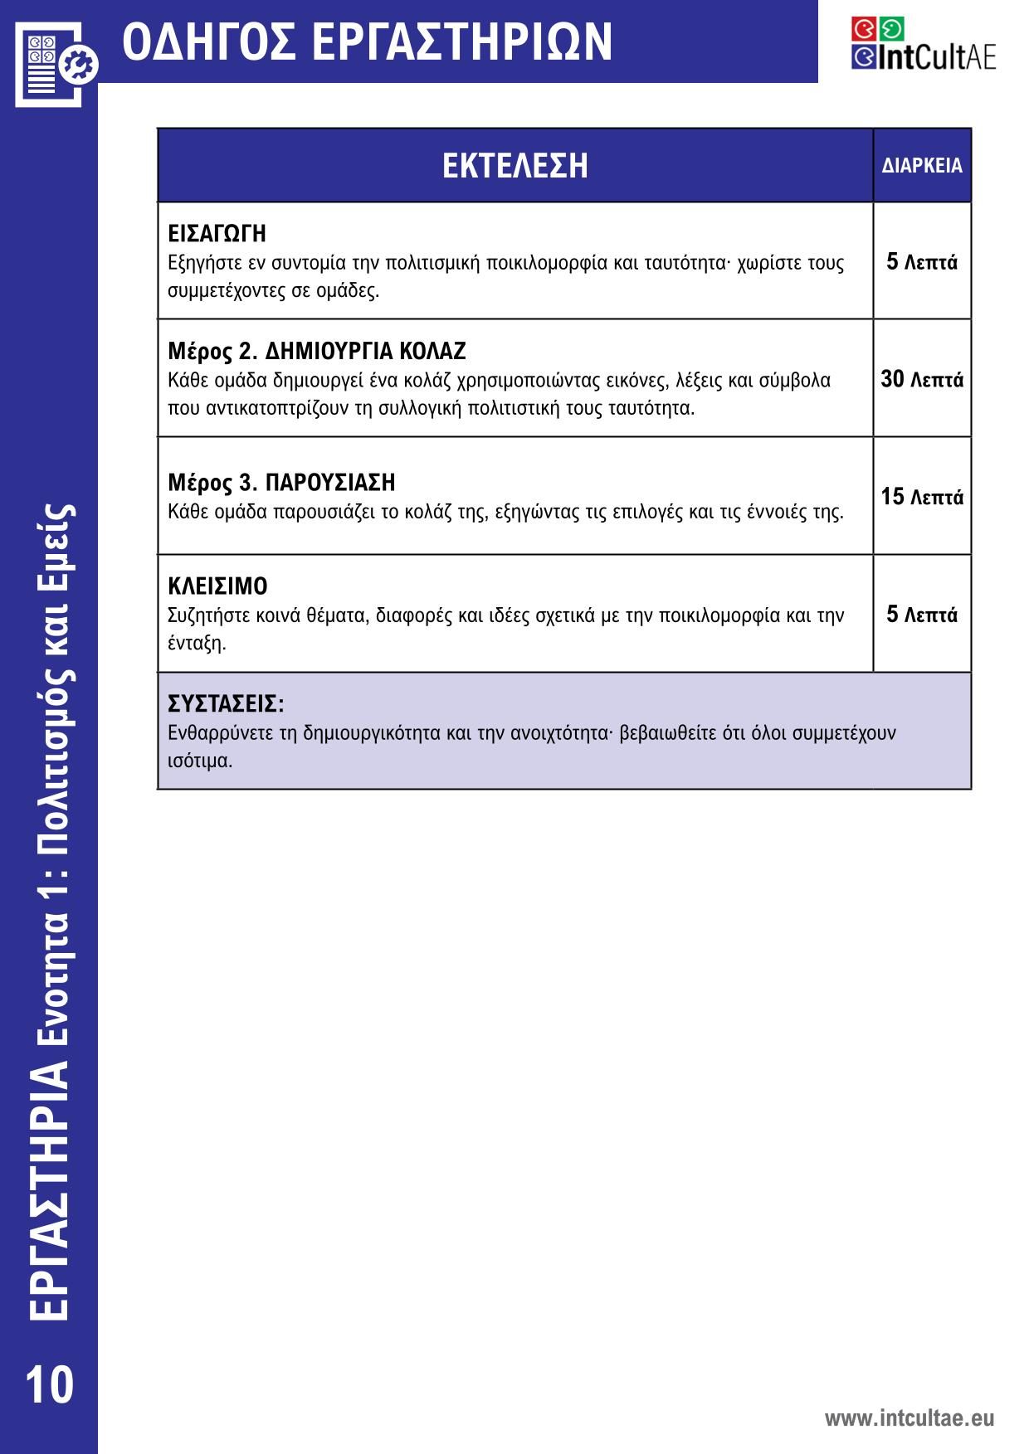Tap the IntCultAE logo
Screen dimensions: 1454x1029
923,44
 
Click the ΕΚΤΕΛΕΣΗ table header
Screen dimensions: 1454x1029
514,165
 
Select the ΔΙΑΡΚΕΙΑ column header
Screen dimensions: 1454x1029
922,165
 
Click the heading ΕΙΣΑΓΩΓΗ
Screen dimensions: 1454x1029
217,233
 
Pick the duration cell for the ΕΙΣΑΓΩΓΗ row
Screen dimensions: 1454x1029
922,262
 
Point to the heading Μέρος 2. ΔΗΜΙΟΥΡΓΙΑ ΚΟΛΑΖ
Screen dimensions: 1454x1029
317,351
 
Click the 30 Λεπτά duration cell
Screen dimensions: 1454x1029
922,380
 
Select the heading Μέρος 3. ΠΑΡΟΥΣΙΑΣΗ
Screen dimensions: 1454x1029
281,482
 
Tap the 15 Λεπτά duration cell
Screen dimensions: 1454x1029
922,497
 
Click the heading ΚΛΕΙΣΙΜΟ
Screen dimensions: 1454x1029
217,586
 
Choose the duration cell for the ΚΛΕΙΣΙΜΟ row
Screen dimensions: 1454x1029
922,615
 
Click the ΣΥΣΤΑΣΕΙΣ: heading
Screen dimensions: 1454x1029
226,704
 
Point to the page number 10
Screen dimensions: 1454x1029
49,1385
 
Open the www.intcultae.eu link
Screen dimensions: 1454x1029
909,1418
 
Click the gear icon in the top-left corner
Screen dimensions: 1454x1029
81,64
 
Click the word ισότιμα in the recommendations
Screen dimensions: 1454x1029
199,761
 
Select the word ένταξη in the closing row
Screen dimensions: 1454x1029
196,643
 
